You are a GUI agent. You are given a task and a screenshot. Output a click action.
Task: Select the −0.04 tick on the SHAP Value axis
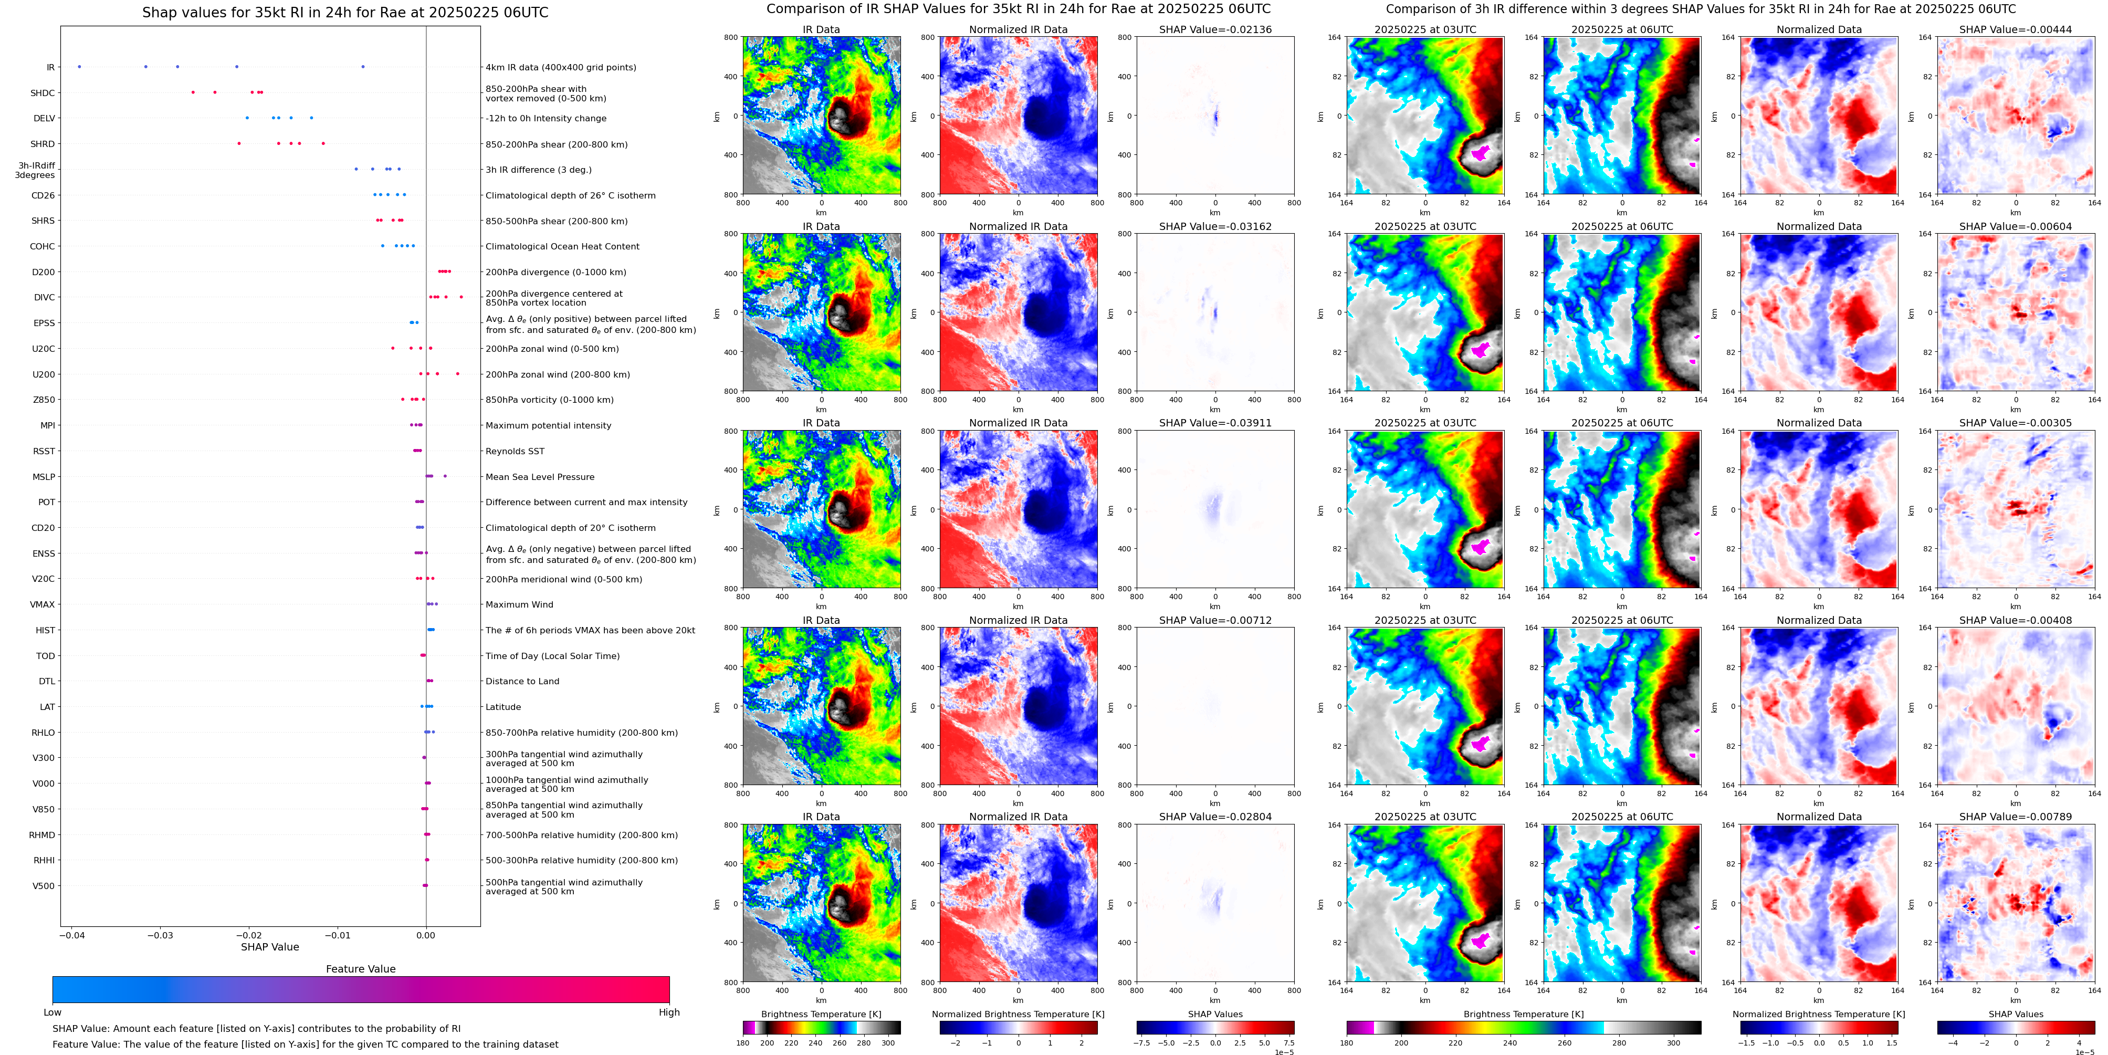coord(71,935)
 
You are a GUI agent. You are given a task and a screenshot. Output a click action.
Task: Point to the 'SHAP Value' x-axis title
coord(269,947)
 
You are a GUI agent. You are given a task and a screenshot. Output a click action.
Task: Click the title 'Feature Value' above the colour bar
coord(360,969)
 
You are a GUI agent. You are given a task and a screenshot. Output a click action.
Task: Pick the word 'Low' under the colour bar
coord(53,1012)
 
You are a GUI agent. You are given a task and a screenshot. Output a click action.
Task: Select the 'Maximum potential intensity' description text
coord(548,425)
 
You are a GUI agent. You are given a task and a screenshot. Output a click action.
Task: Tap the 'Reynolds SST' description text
coord(514,451)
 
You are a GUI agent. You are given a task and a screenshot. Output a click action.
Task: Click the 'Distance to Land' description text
coord(522,681)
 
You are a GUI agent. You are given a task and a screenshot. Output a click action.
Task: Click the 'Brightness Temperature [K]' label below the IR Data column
coord(821,1014)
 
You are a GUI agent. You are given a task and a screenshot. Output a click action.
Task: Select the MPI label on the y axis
coord(47,425)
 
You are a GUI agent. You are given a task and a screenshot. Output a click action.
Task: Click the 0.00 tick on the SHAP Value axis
coord(425,935)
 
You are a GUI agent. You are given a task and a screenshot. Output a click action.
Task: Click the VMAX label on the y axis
coord(43,605)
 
